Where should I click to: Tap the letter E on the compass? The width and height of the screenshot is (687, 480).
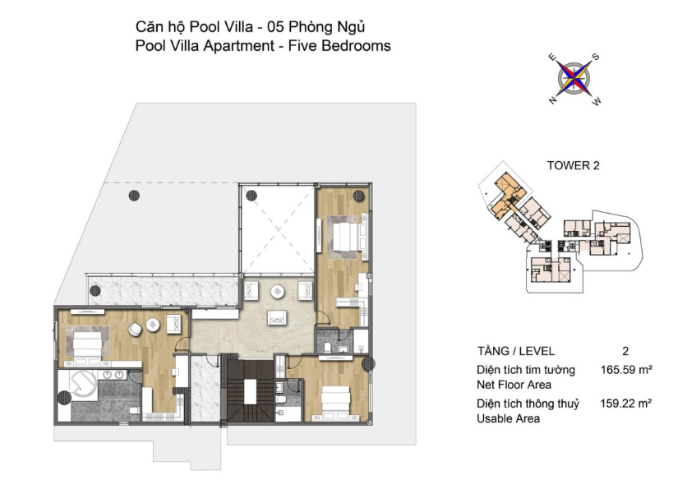click(552, 57)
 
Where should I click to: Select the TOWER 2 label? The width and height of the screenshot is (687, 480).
click(573, 165)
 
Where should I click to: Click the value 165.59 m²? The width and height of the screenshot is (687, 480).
click(626, 370)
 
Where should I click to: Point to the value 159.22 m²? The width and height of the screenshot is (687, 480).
click(625, 403)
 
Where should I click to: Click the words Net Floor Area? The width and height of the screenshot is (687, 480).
click(514, 385)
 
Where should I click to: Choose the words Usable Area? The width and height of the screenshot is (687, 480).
click(508, 418)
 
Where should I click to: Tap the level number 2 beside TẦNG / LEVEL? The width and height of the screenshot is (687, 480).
click(625, 351)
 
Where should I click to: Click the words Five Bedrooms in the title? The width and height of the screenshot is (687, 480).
click(339, 45)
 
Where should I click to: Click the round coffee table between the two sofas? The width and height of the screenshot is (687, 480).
click(278, 292)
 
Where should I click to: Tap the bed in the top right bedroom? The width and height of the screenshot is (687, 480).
click(347, 237)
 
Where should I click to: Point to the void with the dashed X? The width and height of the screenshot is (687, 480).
click(278, 230)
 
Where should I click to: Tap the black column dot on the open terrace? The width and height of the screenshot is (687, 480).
click(134, 196)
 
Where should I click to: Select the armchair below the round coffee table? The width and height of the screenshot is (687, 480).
click(278, 317)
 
